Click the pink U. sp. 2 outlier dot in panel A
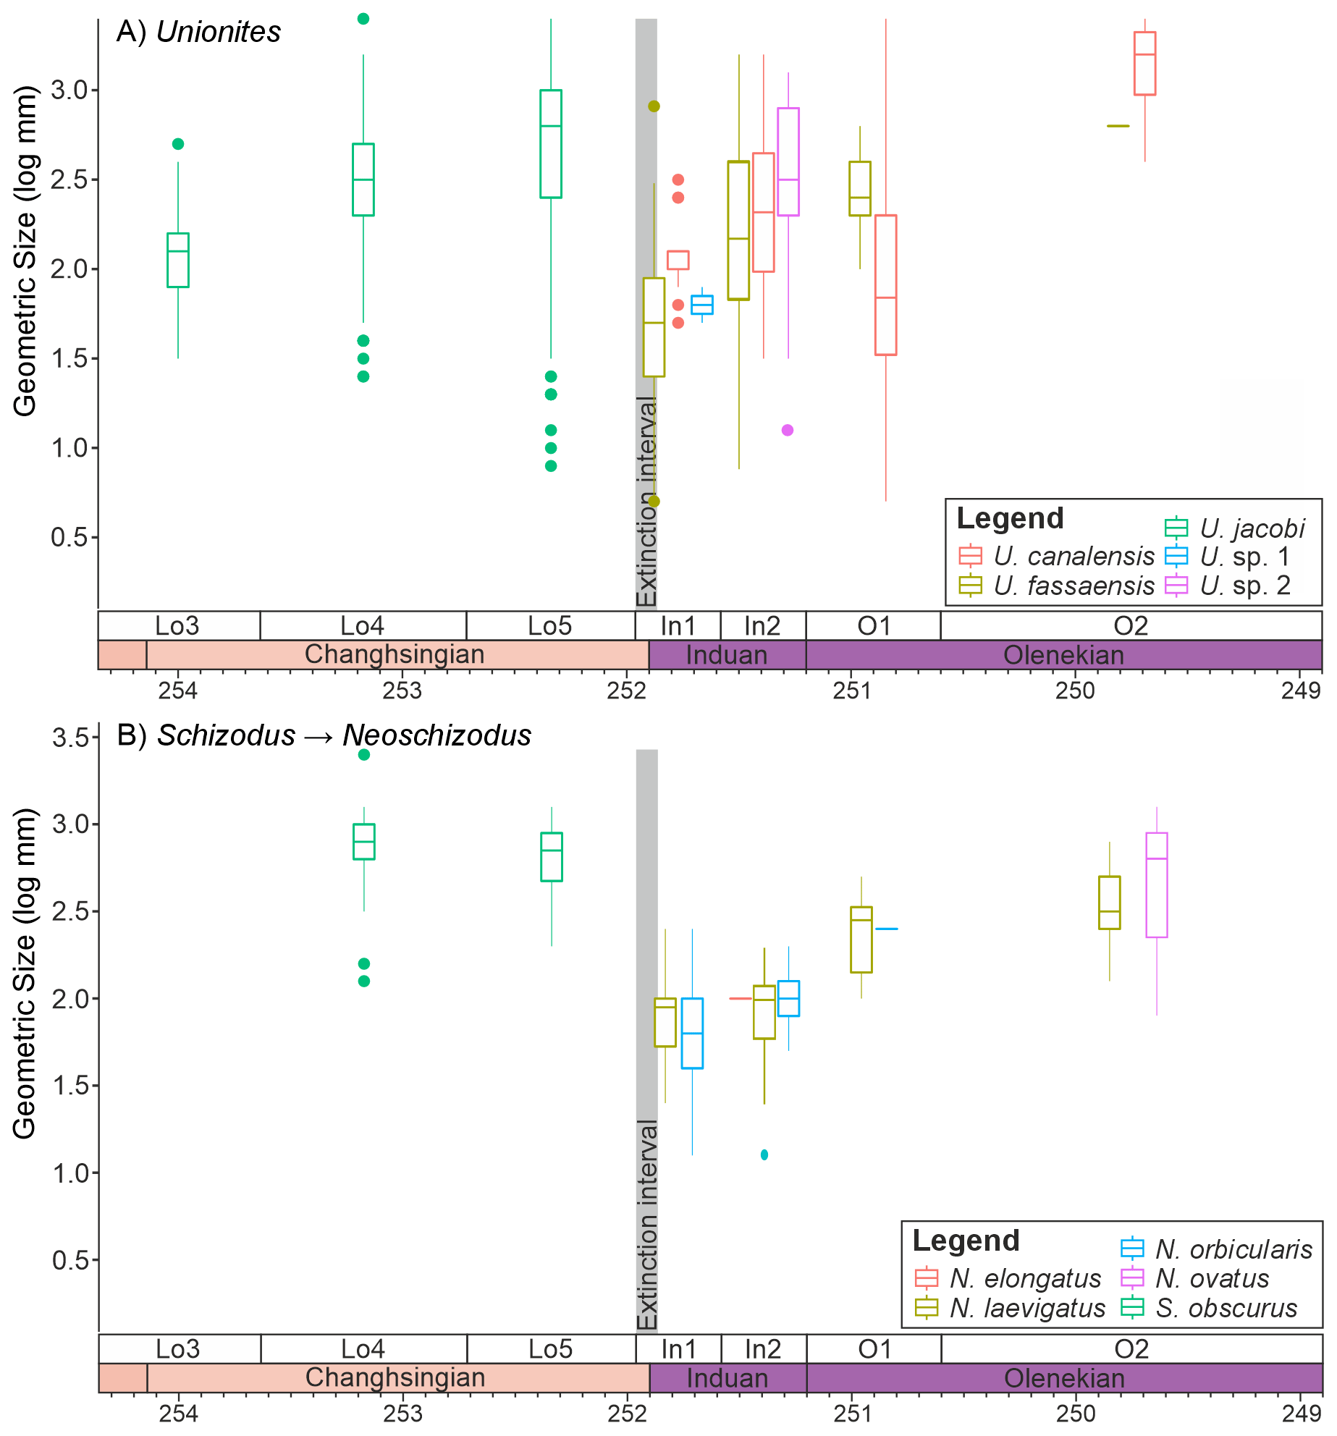pyautogui.click(x=788, y=430)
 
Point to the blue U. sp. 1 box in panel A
pyautogui.click(x=701, y=305)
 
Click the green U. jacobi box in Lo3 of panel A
pyautogui.click(x=178, y=260)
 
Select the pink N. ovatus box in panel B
pyautogui.click(x=1156, y=884)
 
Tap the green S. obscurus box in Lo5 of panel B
pyautogui.click(x=552, y=856)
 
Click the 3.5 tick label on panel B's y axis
pyautogui.click(x=70, y=738)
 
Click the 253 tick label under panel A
pyautogui.click(x=402, y=690)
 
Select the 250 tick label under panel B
pyautogui.click(x=1076, y=1413)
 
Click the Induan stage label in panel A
pyautogui.click(x=727, y=655)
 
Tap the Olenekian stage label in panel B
pyautogui.click(x=1064, y=1378)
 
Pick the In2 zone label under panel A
pyautogui.click(x=762, y=626)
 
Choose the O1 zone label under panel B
pyautogui.click(x=874, y=1349)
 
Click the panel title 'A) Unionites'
pyautogui.click(x=198, y=32)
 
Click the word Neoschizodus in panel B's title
pyautogui.click(x=436, y=735)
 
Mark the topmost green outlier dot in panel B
pyautogui.click(x=364, y=755)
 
